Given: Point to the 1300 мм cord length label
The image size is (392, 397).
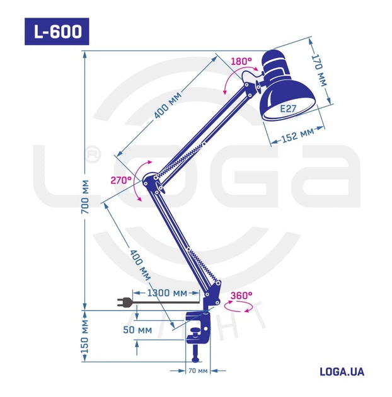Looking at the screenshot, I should pos(167,293).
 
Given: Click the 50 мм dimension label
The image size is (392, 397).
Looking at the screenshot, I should pos(137,329).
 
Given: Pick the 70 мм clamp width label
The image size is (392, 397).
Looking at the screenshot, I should pos(198,371).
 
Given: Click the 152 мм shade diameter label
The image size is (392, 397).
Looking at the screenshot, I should pos(297,134).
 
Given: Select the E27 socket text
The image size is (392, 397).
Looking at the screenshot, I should pos(288,108).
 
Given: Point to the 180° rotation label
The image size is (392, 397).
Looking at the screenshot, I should pos(241,61).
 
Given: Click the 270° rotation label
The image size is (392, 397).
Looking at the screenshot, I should pos(121,180).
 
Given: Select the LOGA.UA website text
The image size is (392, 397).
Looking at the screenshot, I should pos(342,371).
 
